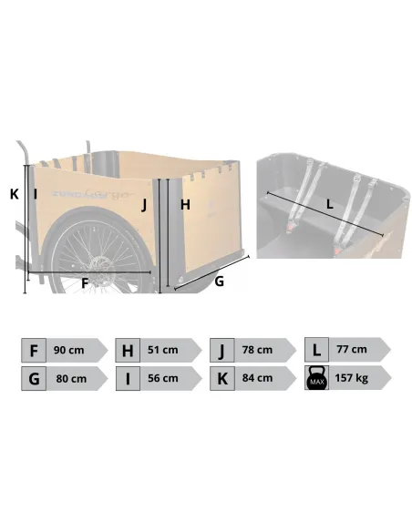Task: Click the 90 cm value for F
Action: tap(68, 350)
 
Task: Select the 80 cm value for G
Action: tap(71, 378)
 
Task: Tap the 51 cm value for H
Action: tap(163, 350)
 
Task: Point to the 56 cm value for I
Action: tap(163, 378)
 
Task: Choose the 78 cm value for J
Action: tap(257, 350)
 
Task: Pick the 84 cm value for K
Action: tap(257, 378)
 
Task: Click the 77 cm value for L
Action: tap(352, 349)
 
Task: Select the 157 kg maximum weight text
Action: tap(352, 378)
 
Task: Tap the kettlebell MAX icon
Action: tap(316, 378)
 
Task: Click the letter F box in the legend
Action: tap(34, 350)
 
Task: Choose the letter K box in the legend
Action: tap(221, 378)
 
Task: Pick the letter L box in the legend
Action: tap(316, 350)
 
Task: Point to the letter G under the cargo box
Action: tap(220, 281)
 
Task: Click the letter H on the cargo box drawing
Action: tap(185, 205)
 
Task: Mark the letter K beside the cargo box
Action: tap(15, 194)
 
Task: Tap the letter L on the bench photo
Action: tap(330, 204)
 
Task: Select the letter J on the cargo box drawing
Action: tap(144, 205)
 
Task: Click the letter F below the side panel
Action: tap(85, 283)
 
